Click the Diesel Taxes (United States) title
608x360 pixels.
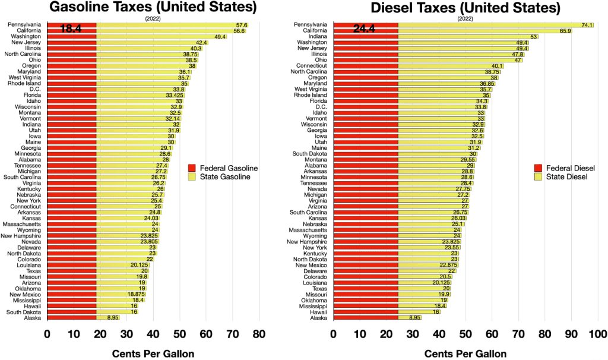point(465,8)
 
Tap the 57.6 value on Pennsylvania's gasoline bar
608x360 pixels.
point(241,25)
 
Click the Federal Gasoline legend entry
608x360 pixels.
point(223,168)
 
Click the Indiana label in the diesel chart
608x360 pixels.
point(316,36)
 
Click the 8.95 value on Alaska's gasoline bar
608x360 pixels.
point(112,318)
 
